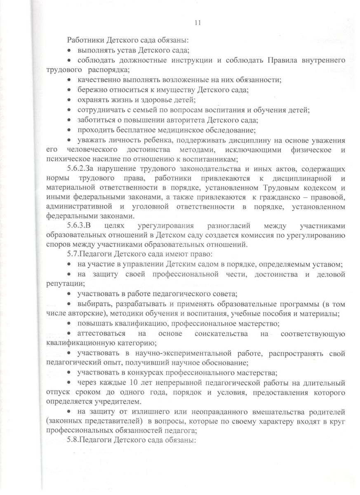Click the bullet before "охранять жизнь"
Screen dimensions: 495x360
[x=69, y=100]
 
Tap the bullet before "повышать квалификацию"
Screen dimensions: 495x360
[x=69, y=323]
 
